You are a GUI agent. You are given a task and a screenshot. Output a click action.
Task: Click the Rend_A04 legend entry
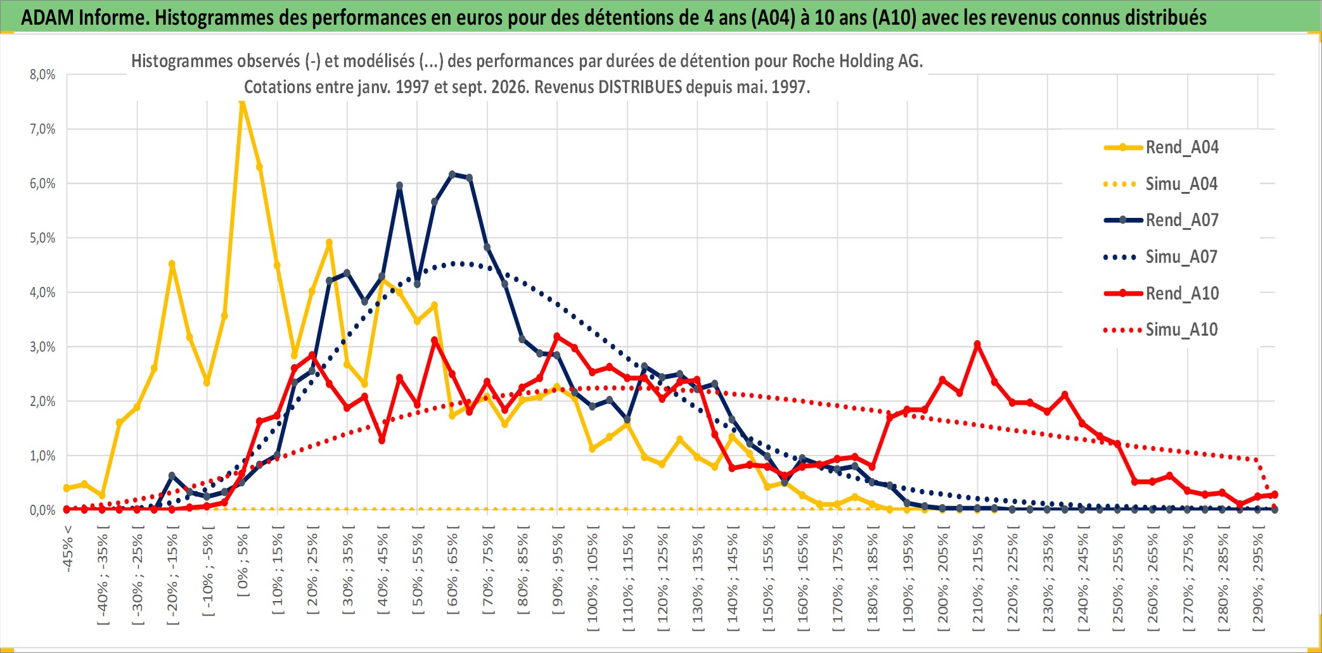[x=1161, y=148]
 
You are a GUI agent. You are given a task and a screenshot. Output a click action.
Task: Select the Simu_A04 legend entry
[x=1161, y=184]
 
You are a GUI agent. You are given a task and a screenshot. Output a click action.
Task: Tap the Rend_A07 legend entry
[x=1161, y=220]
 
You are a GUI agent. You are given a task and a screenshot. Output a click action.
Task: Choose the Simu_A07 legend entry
[x=1161, y=257]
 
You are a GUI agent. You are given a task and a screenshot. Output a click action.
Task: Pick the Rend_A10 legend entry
[x=1161, y=294]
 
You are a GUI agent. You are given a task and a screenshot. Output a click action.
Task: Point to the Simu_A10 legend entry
[x=1161, y=330]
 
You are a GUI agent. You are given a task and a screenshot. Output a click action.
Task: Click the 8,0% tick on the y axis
[x=42, y=75]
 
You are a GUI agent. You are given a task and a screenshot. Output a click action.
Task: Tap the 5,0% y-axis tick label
[x=42, y=238]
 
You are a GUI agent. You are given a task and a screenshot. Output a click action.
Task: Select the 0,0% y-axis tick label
[x=42, y=510]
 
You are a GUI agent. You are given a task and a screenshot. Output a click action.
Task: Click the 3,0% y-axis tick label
[x=42, y=347]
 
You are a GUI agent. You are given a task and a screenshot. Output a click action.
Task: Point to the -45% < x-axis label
[x=68, y=549]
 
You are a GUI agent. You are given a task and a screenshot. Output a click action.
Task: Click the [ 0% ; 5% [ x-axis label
[x=243, y=566]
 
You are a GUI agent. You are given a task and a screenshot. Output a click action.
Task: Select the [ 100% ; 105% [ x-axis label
[x=593, y=582]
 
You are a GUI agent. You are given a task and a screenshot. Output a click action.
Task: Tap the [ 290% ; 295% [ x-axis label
[x=1258, y=582]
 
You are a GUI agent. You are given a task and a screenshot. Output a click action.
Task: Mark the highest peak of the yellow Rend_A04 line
[x=242, y=101]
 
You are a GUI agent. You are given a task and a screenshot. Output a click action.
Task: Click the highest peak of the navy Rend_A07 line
[x=452, y=174]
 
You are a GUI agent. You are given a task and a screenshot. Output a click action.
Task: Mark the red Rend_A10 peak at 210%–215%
[x=977, y=345]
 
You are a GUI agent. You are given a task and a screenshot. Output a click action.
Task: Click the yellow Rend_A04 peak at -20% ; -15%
[x=172, y=264]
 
